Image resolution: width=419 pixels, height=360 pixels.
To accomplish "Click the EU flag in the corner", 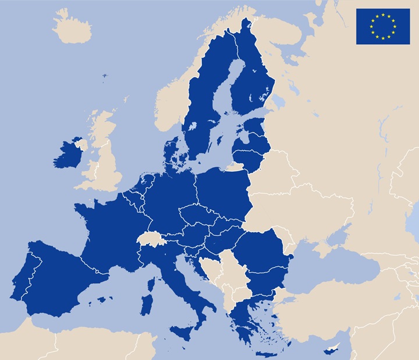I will [382, 26].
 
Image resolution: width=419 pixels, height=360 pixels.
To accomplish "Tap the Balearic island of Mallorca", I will [105, 299].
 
